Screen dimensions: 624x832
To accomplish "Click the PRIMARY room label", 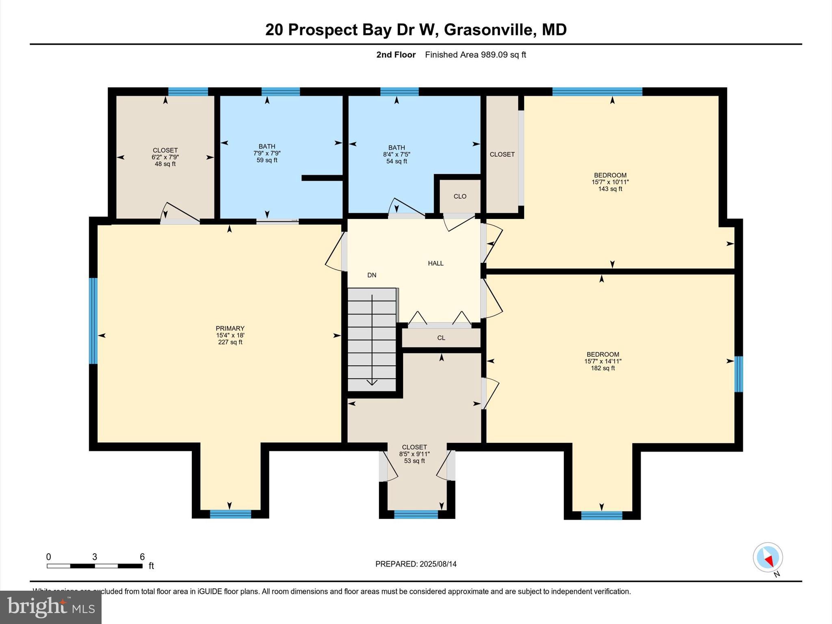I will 230,328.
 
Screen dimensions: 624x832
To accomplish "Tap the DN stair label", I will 372,275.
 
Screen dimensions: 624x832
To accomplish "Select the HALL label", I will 435,263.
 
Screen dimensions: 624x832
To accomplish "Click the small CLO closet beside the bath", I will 460,196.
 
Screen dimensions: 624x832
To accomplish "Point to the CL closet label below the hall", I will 441,338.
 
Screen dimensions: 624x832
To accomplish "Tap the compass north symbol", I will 768,557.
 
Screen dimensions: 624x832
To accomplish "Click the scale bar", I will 94,566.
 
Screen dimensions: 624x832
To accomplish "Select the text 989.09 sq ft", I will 503,55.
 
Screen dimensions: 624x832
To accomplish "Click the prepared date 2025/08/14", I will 438,564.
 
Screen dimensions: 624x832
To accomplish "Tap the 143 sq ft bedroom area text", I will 610,189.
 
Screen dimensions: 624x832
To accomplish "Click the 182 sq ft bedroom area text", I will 603,368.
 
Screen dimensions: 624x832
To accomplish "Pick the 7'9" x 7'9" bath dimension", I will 267,153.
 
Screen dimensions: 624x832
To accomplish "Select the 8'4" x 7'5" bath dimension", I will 396,154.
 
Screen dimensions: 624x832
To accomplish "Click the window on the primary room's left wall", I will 93,321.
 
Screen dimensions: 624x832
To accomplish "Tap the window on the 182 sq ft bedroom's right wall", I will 739,374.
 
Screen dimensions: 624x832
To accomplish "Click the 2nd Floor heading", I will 396,55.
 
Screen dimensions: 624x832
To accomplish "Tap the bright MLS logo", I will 51,607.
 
